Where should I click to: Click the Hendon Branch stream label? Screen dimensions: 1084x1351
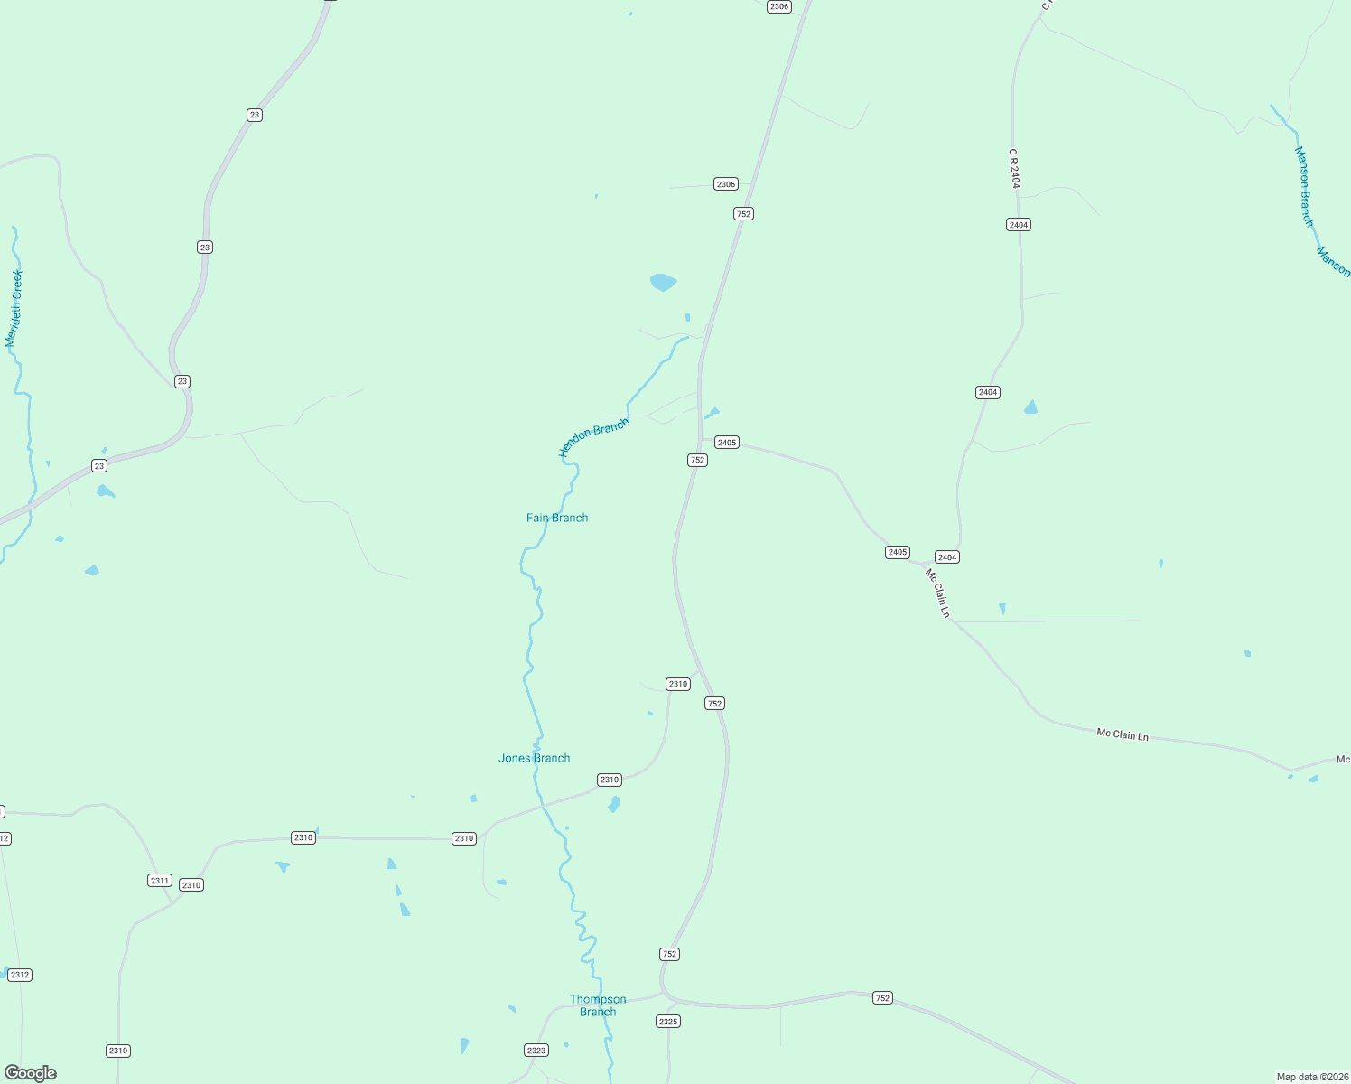pyautogui.click(x=593, y=437)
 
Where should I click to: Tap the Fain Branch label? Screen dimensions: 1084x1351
pyautogui.click(x=557, y=518)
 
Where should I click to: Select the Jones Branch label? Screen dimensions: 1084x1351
pyautogui.click(x=534, y=758)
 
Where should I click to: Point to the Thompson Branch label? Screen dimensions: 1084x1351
pyautogui.click(x=598, y=1005)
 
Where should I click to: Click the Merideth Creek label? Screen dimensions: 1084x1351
pyautogui.click(x=14, y=308)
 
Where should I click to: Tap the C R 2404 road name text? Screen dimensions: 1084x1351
pyautogui.click(x=1015, y=169)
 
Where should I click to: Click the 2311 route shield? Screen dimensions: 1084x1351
pyautogui.click(x=160, y=880)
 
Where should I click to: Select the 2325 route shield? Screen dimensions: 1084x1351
pyautogui.click(x=668, y=1022)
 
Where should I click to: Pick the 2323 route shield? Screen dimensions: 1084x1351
pyautogui.click(x=536, y=1050)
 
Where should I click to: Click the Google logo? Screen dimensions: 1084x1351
pyautogui.click(x=31, y=1073)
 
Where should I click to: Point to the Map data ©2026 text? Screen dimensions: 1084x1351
pyautogui.click(x=1311, y=1077)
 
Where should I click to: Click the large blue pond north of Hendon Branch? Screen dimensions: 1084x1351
pyautogui.click(x=663, y=282)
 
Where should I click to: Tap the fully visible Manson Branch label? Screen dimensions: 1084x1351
pyautogui.click(x=1304, y=186)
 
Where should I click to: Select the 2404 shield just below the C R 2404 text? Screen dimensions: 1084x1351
pyautogui.click(x=1019, y=224)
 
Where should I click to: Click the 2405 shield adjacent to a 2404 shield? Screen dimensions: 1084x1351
pyautogui.click(x=897, y=552)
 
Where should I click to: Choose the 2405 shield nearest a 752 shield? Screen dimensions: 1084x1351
pyautogui.click(x=727, y=443)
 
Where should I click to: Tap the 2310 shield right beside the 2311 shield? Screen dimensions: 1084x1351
pyautogui.click(x=191, y=885)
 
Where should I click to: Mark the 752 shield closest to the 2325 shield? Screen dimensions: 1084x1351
pyautogui.click(x=669, y=954)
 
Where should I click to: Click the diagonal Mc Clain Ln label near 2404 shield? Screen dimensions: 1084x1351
pyautogui.click(x=938, y=593)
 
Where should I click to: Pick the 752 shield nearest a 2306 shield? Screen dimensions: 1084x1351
pyautogui.click(x=743, y=214)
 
